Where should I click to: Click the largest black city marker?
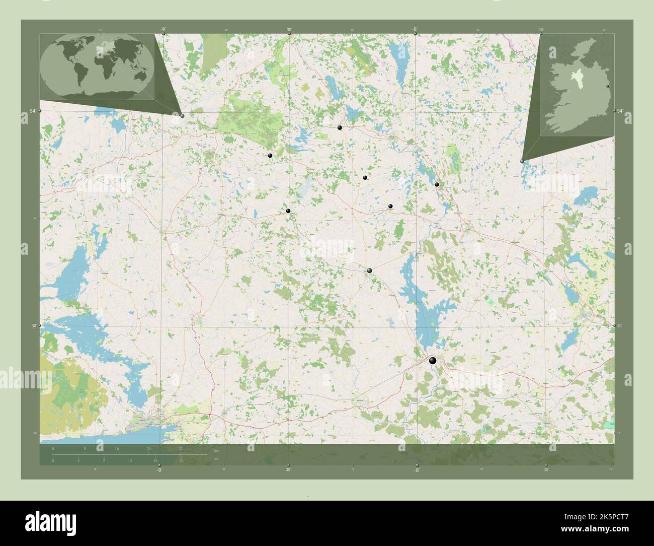[433, 360]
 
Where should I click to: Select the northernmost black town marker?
[340, 128]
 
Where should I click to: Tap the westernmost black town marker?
[270, 156]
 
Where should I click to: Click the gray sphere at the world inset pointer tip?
[182, 116]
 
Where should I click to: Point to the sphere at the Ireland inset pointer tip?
[522, 161]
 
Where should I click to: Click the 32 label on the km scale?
[181, 448]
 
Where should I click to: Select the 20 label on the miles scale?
[181, 460]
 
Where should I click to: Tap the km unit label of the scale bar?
[217, 450]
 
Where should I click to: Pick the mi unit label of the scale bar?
[216, 458]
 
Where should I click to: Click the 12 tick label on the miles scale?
[130, 460]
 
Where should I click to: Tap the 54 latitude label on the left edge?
[32, 111]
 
